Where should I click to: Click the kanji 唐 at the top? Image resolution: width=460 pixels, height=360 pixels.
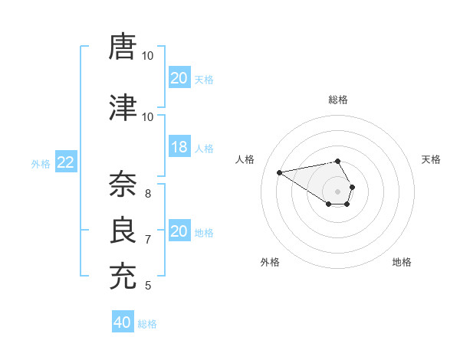pyautogui.click(x=123, y=47)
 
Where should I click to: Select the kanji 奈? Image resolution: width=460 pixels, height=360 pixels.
pyautogui.click(x=123, y=184)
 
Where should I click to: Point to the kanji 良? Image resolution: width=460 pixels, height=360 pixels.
pyautogui.click(x=123, y=228)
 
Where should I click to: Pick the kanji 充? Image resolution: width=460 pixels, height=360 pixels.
pyautogui.click(x=123, y=274)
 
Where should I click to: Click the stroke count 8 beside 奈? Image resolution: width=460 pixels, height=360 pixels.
pyautogui.click(x=148, y=193)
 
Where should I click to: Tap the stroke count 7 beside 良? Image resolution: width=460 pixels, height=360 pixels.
pyautogui.click(x=148, y=239)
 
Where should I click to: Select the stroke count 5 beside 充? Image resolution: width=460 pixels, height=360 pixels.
pyautogui.click(x=148, y=286)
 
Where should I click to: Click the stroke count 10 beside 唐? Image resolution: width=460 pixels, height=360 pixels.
pyautogui.click(x=148, y=56)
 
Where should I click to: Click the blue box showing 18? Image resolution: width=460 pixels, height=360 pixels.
pyautogui.click(x=179, y=148)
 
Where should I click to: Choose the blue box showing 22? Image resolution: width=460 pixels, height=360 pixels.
pyautogui.click(x=66, y=162)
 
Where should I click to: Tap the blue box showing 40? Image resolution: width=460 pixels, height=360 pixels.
pyautogui.click(x=123, y=322)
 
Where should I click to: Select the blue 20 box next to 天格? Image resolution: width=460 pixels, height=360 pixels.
pyautogui.click(x=179, y=78)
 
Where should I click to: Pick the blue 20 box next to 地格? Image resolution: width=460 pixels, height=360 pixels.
pyautogui.click(x=179, y=231)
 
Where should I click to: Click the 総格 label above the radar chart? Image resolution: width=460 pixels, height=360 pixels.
pyautogui.click(x=338, y=100)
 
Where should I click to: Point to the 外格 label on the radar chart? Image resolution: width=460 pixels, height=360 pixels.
pyautogui.click(x=270, y=262)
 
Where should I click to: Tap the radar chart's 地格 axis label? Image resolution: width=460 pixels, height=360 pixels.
pyautogui.click(x=402, y=262)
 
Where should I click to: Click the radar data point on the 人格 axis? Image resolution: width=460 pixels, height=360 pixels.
pyautogui.click(x=279, y=172)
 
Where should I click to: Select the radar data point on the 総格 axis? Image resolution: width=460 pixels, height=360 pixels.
pyautogui.click(x=338, y=161)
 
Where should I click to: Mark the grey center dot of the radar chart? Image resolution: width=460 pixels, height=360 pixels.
pyautogui.click(x=338, y=191)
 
